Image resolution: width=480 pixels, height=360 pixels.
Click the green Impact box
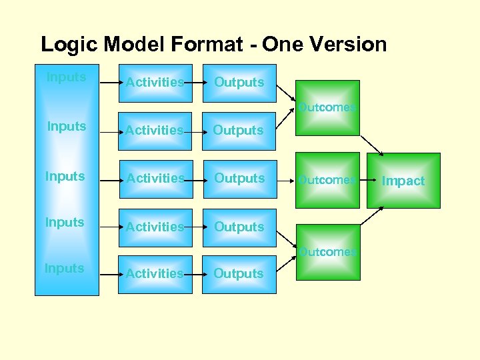403,181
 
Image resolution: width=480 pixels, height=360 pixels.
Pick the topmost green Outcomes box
327,108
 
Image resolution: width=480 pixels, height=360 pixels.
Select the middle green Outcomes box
327,179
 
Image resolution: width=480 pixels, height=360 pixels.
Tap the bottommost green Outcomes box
327,252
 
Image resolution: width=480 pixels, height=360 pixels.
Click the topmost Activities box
155,83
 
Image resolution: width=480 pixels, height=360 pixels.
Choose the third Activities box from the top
155,179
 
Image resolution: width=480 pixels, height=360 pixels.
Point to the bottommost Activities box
155,274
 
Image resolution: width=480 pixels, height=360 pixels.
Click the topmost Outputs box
239,83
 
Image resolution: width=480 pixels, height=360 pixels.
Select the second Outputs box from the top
239,131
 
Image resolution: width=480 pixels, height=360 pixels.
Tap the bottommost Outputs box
239,274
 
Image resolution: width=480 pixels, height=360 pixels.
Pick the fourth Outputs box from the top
239,227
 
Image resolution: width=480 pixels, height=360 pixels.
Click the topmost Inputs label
66,77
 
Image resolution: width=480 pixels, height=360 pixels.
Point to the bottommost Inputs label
64,269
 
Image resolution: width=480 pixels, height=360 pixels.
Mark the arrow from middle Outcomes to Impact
363,179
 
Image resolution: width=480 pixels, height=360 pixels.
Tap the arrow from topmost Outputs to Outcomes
287,92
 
